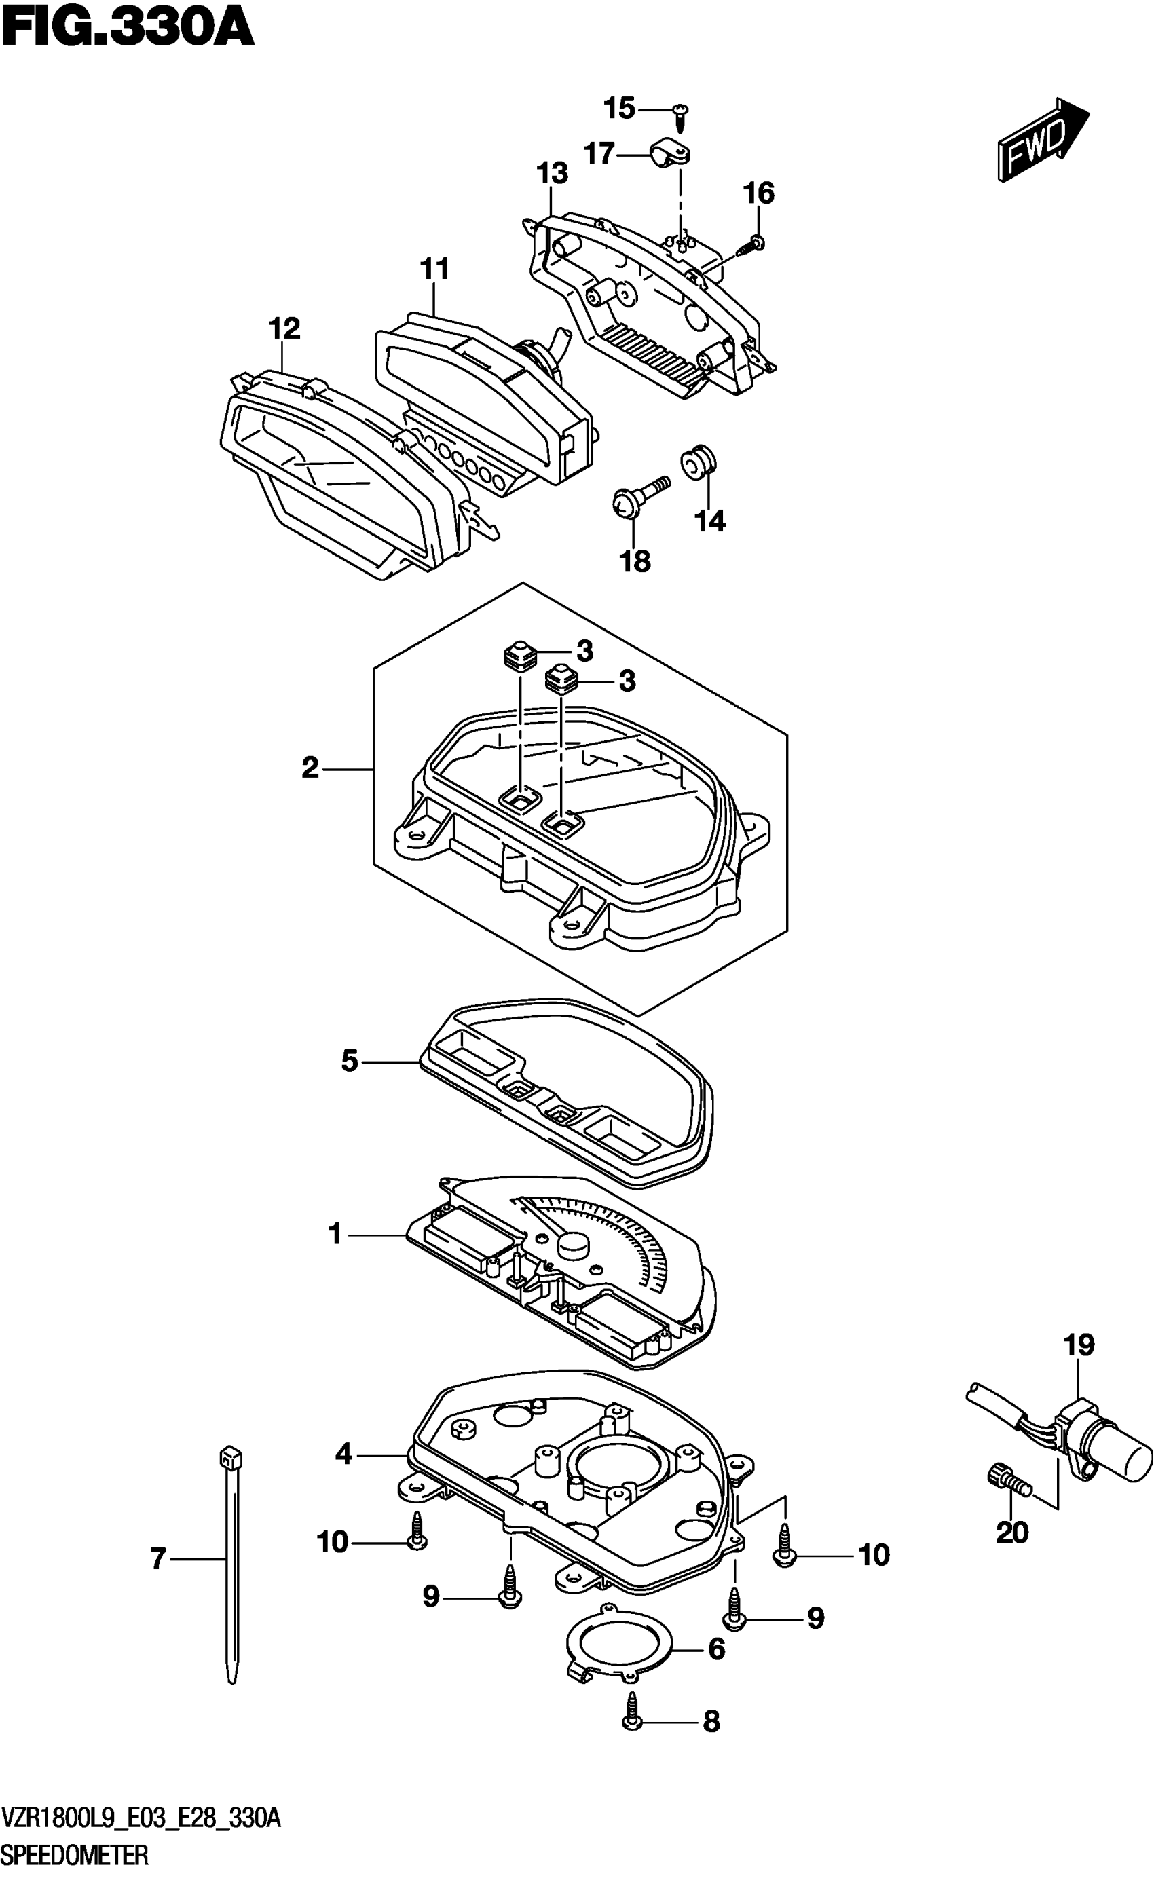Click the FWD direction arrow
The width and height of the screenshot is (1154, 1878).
tap(1042, 140)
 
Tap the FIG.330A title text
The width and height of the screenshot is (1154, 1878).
tap(127, 29)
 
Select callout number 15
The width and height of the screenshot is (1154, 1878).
tap(619, 109)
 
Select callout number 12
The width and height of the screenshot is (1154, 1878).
tap(284, 329)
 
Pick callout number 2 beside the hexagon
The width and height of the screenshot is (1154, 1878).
tap(310, 768)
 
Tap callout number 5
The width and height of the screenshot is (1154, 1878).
tap(350, 1061)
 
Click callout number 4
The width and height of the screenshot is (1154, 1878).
tap(343, 1454)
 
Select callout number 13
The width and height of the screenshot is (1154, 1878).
tap(552, 173)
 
